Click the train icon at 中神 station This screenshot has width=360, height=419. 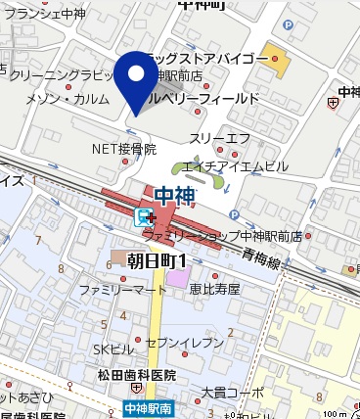[x=144, y=216]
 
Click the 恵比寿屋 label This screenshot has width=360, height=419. [x=214, y=290]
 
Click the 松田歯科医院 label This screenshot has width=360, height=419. [x=135, y=375]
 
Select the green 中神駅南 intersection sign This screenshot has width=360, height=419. [x=148, y=407]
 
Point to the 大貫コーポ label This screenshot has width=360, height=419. [x=232, y=393]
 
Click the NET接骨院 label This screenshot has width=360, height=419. [x=124, y=150]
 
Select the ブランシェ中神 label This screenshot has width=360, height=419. [x=48, y=14]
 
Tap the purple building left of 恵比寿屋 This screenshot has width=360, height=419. [x=176, y=280]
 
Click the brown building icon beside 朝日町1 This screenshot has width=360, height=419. [x=118, y=258]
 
